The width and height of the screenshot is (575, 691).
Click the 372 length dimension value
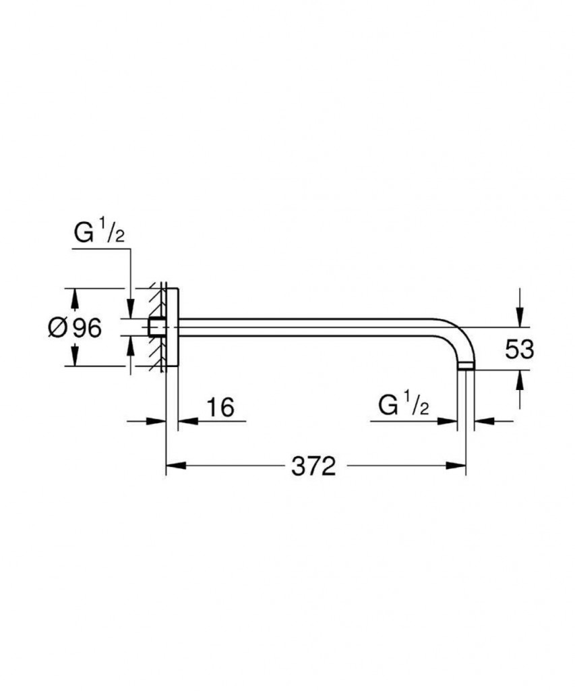[313, 466]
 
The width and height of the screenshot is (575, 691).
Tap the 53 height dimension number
[519, 349]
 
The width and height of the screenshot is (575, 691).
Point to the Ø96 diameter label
[75, 327]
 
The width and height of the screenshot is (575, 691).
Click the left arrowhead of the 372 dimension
[176, 466]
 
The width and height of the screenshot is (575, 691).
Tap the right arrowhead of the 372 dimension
[456, 466]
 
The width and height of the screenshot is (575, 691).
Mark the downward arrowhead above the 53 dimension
[520, 317]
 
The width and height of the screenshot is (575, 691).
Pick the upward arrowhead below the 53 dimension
[520, 381]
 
